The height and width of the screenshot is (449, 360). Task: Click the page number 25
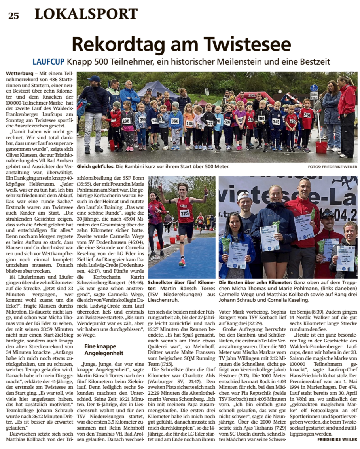coord(13,15)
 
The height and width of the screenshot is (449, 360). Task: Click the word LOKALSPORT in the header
coord(86,14)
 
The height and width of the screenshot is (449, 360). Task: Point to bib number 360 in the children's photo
coord(175,121)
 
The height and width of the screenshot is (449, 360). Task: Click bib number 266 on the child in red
coord(307,115)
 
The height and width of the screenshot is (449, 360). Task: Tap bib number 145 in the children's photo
coord(275,122)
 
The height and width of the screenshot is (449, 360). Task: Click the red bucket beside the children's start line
coord(321,147)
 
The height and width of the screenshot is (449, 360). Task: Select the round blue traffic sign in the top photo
coord(314,88)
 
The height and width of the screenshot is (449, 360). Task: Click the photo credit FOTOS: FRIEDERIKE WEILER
coord(332,167)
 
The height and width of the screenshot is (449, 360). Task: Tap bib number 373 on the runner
coord(185,214)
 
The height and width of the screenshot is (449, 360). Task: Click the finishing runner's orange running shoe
coord(182,262)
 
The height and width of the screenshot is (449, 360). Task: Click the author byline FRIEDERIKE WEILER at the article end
coord(337,439)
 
